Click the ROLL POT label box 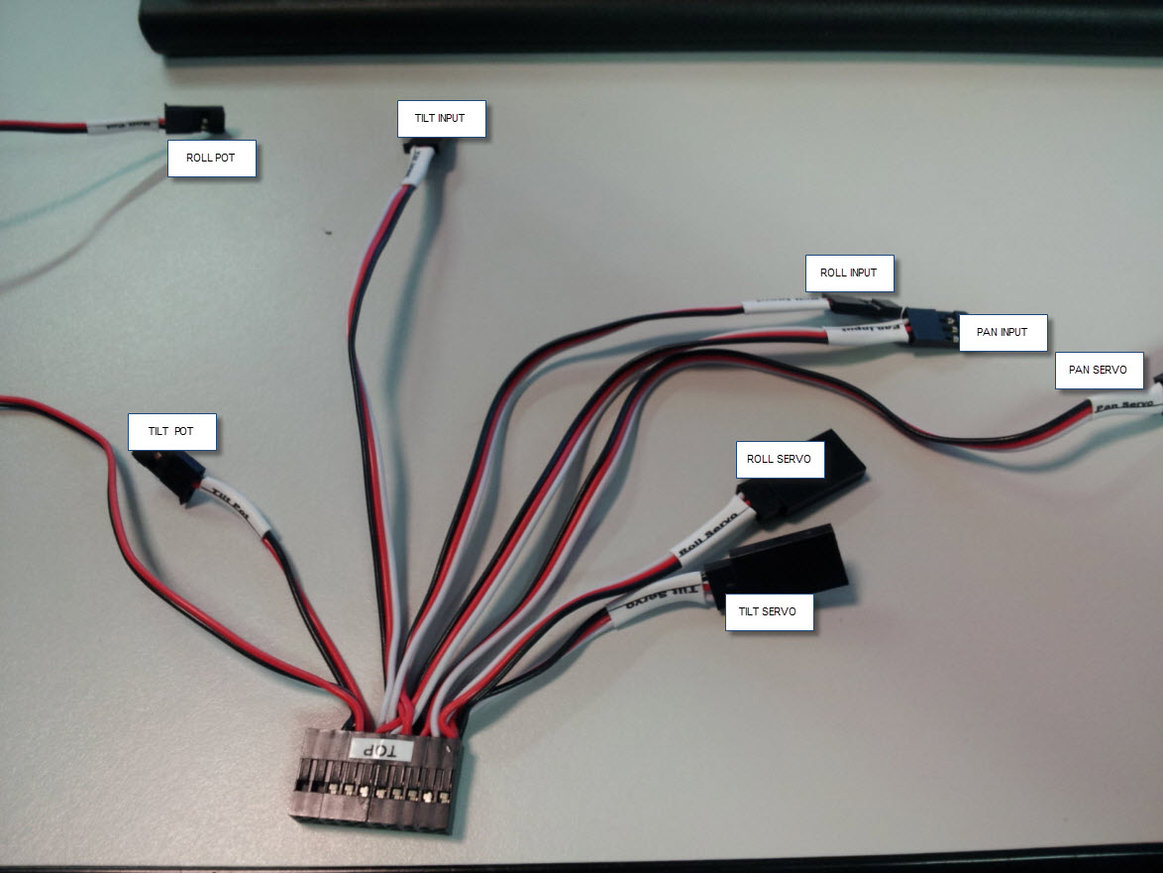click(212, 159)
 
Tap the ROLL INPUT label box click(848, 273)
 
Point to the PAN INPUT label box click(1002, 332)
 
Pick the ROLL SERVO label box click(779, 459)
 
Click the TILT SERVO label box click(768, 611)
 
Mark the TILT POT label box click(171, 432)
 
